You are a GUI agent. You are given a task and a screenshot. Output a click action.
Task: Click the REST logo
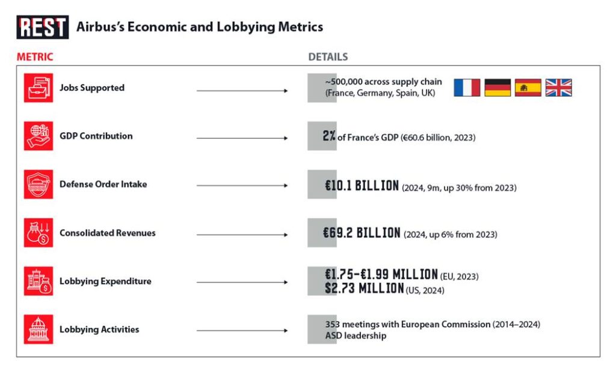[42, 27]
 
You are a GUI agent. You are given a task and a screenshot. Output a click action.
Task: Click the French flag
[467, 88]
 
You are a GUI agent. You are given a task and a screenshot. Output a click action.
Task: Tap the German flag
[497, 88]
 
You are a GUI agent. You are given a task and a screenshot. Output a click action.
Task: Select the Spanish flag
[528, 88]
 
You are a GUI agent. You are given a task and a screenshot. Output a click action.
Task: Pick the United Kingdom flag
[559, 88]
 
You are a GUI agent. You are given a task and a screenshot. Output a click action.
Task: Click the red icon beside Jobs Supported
[38, 88]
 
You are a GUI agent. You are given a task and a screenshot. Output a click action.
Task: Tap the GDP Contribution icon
[38, 136]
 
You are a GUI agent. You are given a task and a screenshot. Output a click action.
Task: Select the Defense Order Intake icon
[38, 185]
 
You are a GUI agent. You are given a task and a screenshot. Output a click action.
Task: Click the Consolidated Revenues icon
[38, 233]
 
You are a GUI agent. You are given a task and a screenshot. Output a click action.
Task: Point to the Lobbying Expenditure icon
[38, 281]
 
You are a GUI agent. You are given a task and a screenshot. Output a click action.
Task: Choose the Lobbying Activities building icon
[38, 330]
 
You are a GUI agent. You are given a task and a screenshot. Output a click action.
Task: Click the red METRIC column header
[35, 57]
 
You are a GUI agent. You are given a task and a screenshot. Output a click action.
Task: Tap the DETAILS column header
[328, 57]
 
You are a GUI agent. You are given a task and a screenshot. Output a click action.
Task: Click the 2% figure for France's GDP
[329, 136]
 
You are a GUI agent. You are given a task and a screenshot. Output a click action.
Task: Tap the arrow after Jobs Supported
[242, 91]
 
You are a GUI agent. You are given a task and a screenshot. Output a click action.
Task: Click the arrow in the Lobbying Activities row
[242, 331]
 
